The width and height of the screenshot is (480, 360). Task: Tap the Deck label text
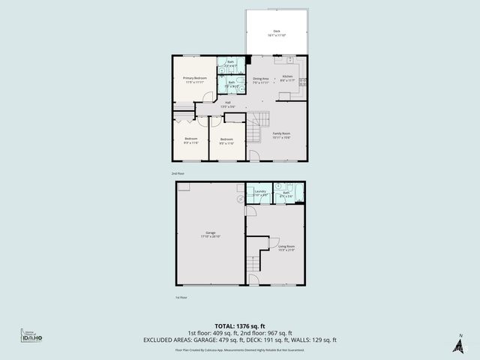point(277,33)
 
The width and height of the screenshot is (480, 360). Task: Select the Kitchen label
point(286,78)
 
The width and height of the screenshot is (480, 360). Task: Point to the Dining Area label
point(261,79)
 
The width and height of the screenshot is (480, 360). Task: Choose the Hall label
point(227,104)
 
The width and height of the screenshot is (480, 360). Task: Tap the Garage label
point(210,234)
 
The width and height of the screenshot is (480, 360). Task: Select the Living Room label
point(286,247)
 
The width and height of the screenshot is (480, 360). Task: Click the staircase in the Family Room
point(259,127)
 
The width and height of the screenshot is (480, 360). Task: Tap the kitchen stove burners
point(303,82)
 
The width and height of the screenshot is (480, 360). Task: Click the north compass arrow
point(457,344)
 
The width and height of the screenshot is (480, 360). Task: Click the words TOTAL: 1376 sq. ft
point(240,327)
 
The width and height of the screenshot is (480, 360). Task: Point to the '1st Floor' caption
point(181,297)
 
